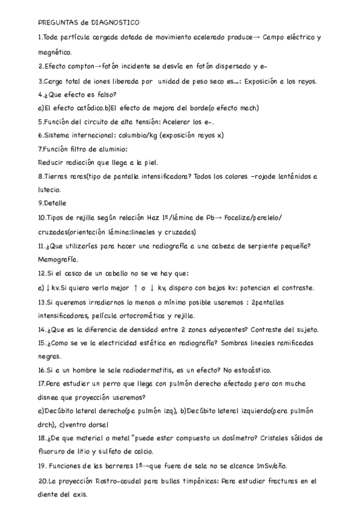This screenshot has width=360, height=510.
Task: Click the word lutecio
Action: (x=50, y=189)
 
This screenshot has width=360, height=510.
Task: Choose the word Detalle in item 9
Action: (x=55, y=203)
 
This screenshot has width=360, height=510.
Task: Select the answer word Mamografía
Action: (x=58, y=259)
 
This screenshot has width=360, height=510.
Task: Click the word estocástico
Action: (x=269, y=370)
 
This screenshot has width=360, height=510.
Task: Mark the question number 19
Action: (x=42, y=466)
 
